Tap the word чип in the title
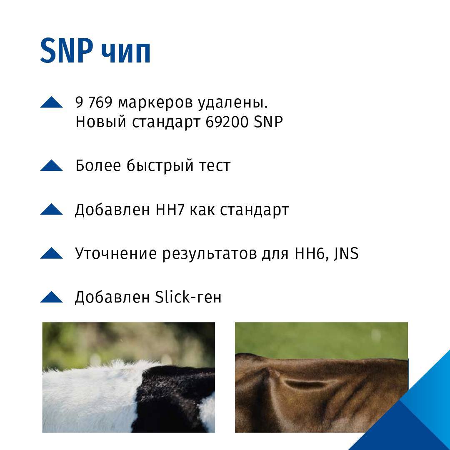pos(126,53)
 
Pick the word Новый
pos(101,122)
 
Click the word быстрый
pos(160,166)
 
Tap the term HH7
pos(170,210)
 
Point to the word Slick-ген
pos(188,297)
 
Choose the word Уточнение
pos(116,253)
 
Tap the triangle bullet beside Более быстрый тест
pos(51,165)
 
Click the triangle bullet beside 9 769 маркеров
pos(51,102)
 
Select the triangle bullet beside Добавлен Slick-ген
pos(51,297)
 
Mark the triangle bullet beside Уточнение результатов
pos(51,253)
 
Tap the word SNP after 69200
pos(268,122)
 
